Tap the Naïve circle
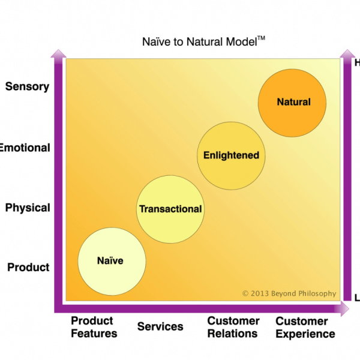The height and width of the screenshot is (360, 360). click(112, 261)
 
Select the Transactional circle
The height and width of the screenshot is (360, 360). click(170, 209)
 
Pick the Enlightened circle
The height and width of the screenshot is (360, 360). click(231, 155)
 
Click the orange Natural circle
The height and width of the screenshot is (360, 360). click(292, 102)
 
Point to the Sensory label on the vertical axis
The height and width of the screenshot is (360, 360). click(27, 86)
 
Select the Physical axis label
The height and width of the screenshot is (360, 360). click(28, 208)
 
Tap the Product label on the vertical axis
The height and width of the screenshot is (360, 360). click(28, 267)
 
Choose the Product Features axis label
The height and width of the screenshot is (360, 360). click(94, 327)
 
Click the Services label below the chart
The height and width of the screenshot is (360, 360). click(160, 327)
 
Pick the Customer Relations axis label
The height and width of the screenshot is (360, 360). click(233, 327)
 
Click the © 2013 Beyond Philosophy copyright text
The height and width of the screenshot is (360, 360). click(289, 293)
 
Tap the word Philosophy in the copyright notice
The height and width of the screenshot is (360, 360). click(314, 293)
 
